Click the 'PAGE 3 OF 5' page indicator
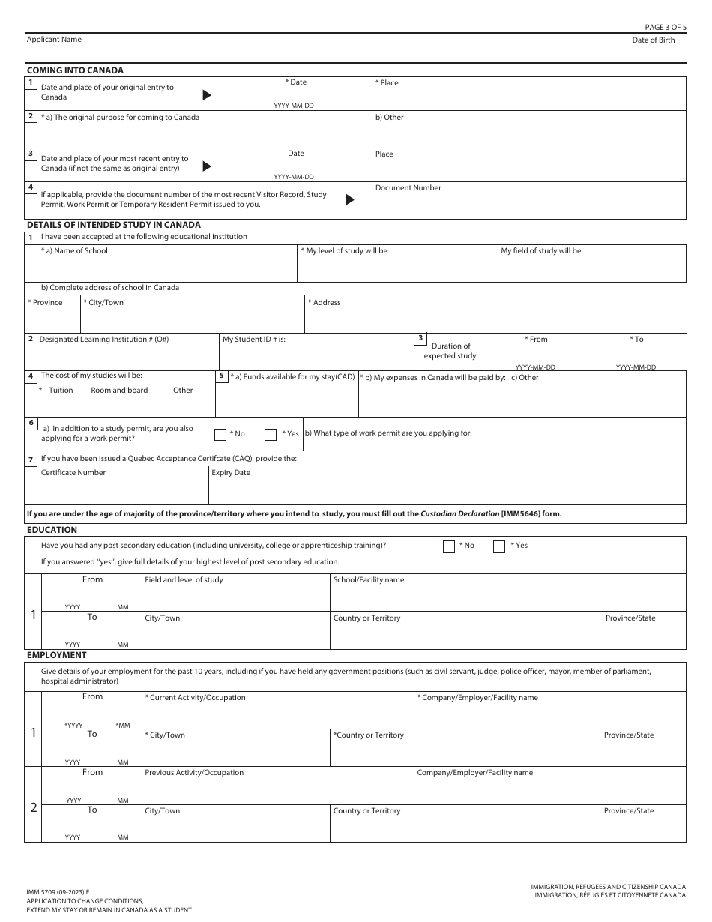coord(665,27)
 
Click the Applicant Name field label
coord(54,40)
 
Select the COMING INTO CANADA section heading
coord(75,70)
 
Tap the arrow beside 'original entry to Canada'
coord(207,95)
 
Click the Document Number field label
coord(408,188)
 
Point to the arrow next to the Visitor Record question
coord(349,199)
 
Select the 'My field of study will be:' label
coord(541,251)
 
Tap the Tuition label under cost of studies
coord(61,391)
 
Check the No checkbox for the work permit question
coord(220,434)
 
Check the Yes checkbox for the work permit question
coord(271,434)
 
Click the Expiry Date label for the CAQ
coord(231,473)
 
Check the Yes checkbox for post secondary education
coord(498,546)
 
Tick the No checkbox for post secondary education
coord(449,546)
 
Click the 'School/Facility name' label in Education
coord(368,580)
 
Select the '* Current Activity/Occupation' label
coord(195,698)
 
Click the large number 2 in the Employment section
coord(33,807)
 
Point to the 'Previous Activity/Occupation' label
coord(194,773)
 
